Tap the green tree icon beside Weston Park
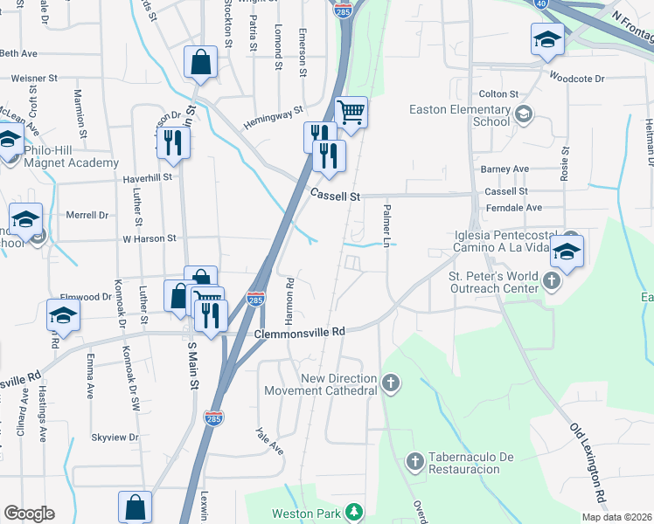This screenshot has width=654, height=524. point(354,512)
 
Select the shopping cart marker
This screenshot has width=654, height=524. point(351,112)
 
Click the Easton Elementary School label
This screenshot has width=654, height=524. point(461,116)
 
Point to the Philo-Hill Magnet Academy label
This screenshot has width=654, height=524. point(71,155)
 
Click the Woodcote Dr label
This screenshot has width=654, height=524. point(576,79)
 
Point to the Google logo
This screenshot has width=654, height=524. point(29,513)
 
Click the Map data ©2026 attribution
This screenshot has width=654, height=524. point(616,517)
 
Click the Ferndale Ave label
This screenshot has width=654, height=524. point(513,208)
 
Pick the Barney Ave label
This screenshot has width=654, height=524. point(504,169)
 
